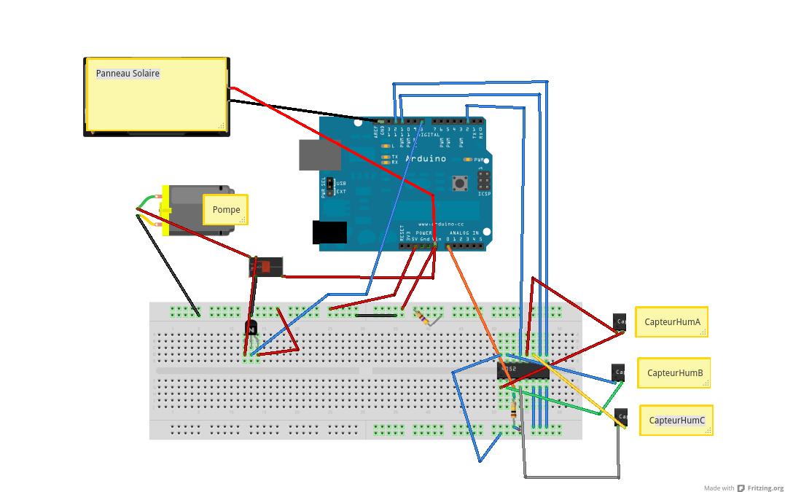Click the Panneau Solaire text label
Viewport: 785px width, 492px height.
(x=128, y=73)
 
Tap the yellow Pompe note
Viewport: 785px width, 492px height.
(x=226, y=210)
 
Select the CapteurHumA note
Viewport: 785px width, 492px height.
(x=671, y=321)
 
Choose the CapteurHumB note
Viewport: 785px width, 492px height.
(x=674, y=373)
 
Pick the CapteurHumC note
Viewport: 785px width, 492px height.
(x=676, y=421)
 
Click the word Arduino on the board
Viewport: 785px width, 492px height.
(x=425, y=158)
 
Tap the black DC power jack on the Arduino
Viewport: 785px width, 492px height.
(x=329, y=232)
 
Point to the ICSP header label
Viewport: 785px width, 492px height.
(x=484, y=194)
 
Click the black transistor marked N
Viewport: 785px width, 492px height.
(x=251, y=329)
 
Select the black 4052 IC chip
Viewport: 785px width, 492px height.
(x=523, y=370)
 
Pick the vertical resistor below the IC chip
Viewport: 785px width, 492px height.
(x=515, y=411)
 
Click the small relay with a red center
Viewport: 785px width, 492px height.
(x=265, y=268)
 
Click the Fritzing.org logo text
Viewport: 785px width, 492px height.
(x=765, y=488)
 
